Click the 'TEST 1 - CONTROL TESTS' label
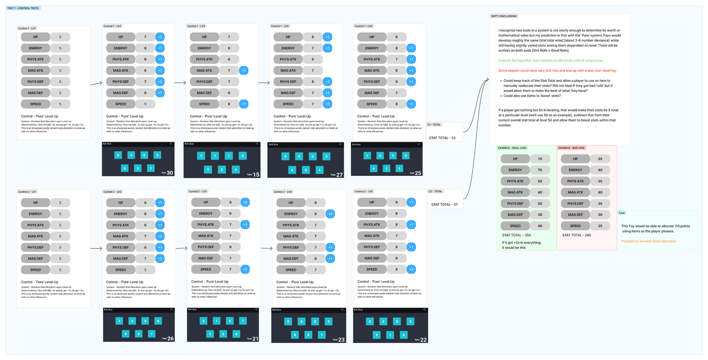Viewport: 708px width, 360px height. [x=23, y=8]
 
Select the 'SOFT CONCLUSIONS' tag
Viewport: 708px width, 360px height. [x=504, y=16]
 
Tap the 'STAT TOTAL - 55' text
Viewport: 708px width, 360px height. [x=442, y=138]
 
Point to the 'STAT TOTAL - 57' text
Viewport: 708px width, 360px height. [x=444, y=205]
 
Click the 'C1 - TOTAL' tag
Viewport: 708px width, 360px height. [x=434, y=125]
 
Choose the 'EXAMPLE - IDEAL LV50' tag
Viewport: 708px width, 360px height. [x=512, y=148]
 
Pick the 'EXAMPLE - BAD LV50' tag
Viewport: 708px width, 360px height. [x=571, y=148]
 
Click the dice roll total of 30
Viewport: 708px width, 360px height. [x=170, y=173]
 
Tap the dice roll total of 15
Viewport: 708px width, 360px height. [x=256, y=175]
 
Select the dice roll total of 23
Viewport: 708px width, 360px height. [x=341, y=340]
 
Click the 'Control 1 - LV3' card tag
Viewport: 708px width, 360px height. [x=196, y=26]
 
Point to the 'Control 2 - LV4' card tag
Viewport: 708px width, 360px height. [x=283, y=192]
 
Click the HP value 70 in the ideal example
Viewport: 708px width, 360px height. [x=540, y=159]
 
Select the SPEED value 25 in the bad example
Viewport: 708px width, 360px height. [x=600, y=226]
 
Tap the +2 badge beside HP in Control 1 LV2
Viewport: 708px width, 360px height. [x=160, y=37]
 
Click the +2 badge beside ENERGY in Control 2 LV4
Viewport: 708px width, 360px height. [x=330, y=214]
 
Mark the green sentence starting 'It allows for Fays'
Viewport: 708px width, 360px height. [x=551, y=61]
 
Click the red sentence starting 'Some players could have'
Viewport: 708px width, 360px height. [x=557, y=71]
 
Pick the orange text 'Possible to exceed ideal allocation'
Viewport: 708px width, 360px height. [x=649, y=241]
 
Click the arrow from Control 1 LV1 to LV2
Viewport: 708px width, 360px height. [x=96, y=83]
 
